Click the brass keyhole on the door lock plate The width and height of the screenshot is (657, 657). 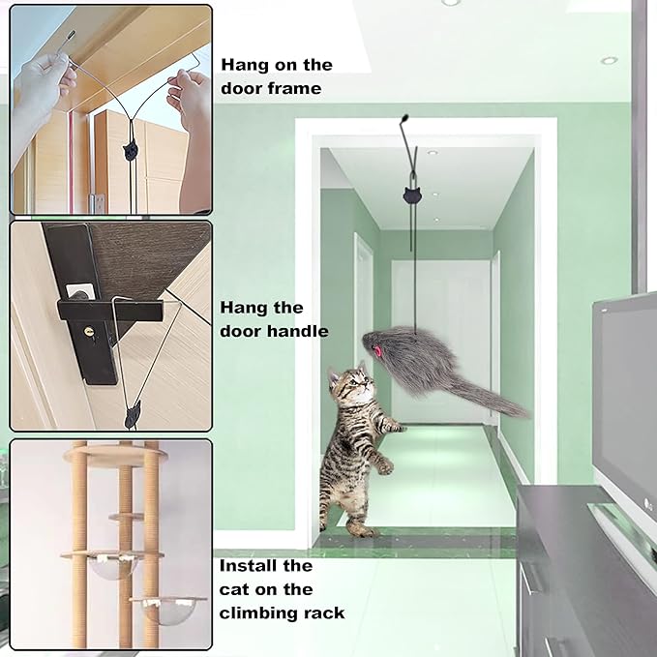[89, 332]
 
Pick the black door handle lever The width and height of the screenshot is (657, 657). [109, 310]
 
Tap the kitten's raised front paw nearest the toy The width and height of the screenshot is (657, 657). [396, 428]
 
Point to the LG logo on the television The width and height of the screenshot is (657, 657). [648, 503]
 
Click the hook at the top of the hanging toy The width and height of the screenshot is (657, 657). [404, 119]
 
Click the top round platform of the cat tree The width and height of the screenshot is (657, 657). [116, 454]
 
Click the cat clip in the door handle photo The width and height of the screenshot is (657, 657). [133, 415]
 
